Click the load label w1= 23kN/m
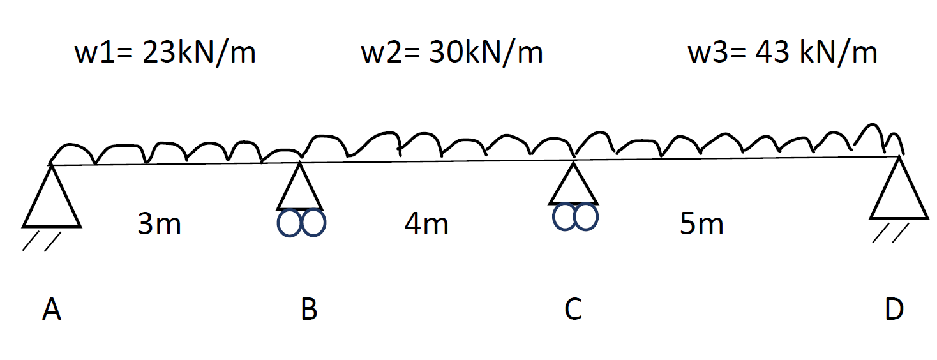coord(165,54)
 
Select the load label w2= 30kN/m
coord(452,54)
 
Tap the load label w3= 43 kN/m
coord(782,54)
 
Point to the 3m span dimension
coord(159,225)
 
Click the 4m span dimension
coord(426,225)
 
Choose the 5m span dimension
coord(701,225)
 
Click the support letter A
coord(52,310)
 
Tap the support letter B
coord(309,310)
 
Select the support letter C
coord(573,310)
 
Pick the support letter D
coord(894,310)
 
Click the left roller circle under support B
coord(289,224)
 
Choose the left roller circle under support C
coord(564,216)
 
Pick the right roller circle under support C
coord(586,216)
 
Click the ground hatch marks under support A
coord(41,241)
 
